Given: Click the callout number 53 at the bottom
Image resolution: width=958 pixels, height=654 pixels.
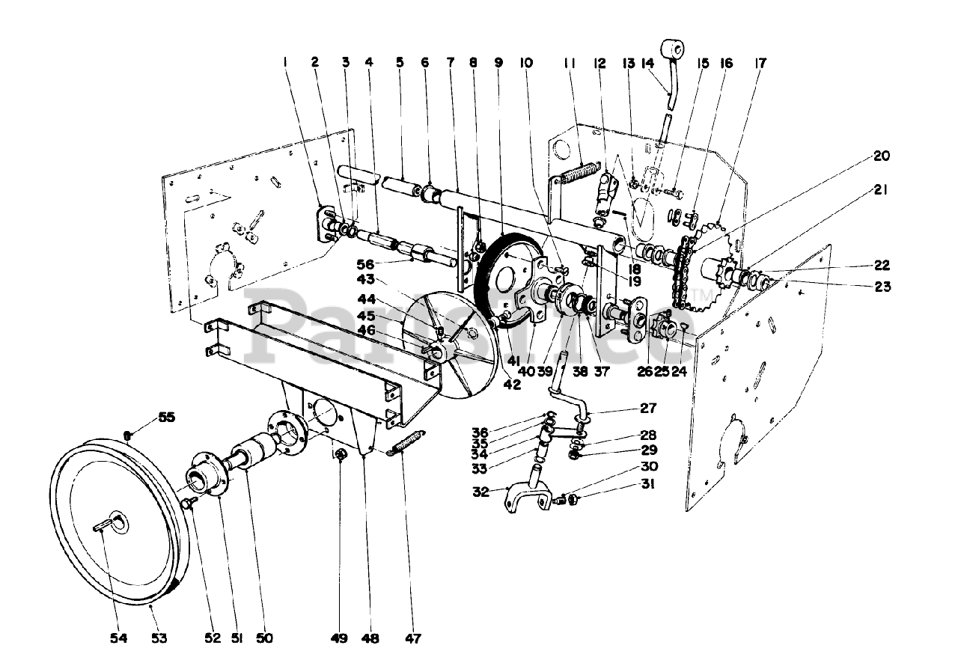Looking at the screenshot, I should pos(159,638).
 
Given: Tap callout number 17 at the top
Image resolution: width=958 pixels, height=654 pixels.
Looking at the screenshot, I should pos(760,64).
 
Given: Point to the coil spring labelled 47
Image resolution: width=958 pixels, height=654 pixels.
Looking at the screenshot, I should pos(408,441).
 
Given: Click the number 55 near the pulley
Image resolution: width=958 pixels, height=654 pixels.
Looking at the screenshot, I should pos(166,418).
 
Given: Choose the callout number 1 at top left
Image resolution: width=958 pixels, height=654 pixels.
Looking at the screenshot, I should pos(285,64).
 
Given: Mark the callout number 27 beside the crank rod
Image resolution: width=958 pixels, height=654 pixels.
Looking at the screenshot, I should pos(648,409).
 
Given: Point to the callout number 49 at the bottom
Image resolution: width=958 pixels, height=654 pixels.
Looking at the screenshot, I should pos(339,638).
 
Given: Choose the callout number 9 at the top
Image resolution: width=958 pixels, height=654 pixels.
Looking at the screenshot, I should pos(499,64).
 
